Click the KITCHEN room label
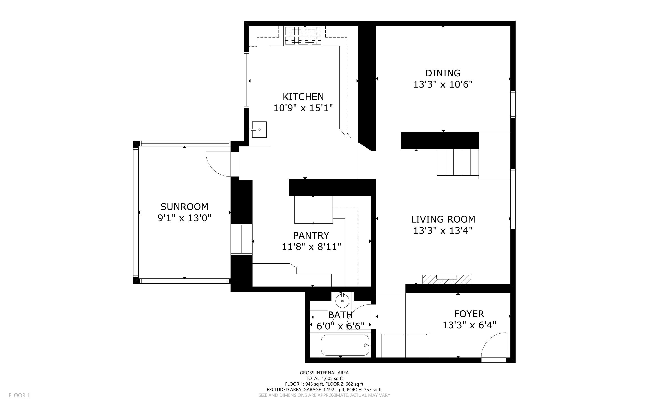pyautogui.click(x=303, y=97)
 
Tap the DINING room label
pyautogui.click(x=443, y=73)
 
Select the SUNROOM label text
pyautogui.click(x=184, y=207)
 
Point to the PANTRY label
pyautogui.click(x=311, y=236)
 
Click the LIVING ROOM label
pyautogui.click(x=443, y=219)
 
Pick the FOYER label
pyautogui.click(x=469, y=314)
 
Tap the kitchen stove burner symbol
pyautogui.click(x=303, y=36)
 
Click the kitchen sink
pyautogui.click(x=259, y=129)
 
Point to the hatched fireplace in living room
pyautogui.click(x=446, y=279)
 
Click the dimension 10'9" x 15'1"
pyautogui.click(x=303, y=108)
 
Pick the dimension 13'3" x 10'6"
pyautogui.click(x=443, y=85)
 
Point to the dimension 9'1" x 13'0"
pyautogui.click(x=184, y=218)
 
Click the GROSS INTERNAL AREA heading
pyautogui.click(x=324, y=373)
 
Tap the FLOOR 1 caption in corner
pyautogui.click(x=19, y=395)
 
